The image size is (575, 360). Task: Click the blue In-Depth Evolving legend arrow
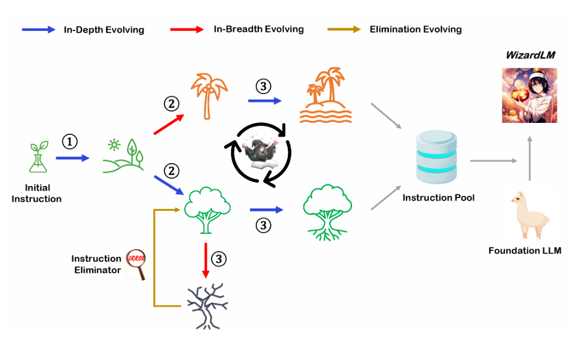[x=38, y=29]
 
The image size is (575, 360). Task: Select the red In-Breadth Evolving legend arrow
[x=188, y=29]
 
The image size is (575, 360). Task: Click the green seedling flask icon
[x=37, y=158]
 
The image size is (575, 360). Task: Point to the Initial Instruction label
[x=37, y=193]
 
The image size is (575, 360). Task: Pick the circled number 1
[x=69, y=142]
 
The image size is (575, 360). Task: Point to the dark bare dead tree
[x=206, y=305]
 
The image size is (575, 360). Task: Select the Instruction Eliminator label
[x=96, y=264]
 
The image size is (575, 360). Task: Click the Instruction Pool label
[x=438, y=198]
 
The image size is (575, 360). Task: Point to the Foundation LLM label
[x=524, y=251]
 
